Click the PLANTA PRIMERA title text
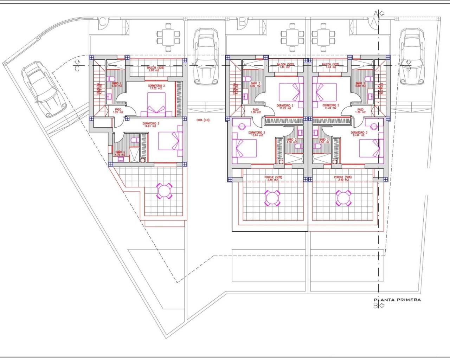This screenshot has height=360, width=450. [x=397, y=300]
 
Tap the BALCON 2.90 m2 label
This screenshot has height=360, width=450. [x=154, y=69]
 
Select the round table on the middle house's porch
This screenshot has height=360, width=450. [x=272, y=198]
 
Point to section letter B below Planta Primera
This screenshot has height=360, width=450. [x=375, y=306]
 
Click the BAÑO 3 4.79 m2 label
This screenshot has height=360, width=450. [x=120, y=154]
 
